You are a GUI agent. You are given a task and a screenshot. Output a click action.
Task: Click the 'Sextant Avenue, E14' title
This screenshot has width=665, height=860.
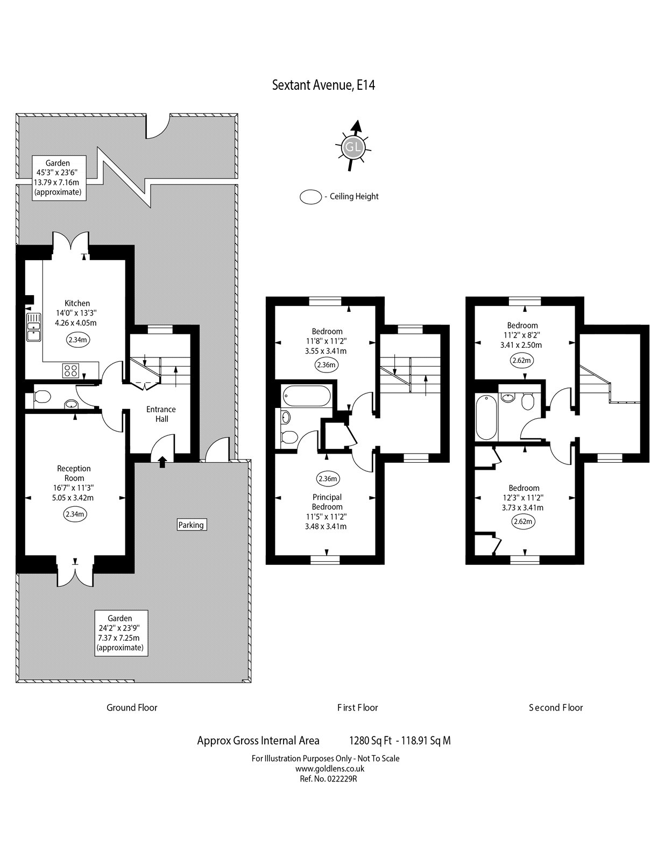323,85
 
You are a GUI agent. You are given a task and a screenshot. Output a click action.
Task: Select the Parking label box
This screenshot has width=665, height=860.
192,525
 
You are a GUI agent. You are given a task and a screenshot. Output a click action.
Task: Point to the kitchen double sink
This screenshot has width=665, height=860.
34,327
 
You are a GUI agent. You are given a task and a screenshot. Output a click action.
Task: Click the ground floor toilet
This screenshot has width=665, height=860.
41,396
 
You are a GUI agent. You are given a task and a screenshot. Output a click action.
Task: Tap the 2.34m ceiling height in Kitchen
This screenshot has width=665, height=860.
77,340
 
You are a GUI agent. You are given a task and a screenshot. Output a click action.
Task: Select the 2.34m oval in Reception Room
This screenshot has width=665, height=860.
75,514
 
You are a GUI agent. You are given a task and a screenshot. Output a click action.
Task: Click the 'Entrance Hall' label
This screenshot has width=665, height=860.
161,414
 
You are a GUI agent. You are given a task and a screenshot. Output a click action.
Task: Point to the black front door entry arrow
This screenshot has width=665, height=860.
162,462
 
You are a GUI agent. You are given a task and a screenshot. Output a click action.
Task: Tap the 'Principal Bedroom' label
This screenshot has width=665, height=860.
327,502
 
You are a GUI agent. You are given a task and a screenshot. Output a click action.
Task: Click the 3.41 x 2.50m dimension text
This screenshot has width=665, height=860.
521,345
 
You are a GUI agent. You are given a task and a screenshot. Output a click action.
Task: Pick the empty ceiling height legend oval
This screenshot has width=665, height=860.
311,197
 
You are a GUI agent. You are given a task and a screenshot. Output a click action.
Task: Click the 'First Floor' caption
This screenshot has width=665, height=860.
358,707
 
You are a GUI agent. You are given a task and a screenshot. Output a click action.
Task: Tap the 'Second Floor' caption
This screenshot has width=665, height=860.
556,707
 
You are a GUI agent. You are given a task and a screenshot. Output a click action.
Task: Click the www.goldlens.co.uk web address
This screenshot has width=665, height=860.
329,769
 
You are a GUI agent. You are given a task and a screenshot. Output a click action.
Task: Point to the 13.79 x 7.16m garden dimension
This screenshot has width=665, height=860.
58,182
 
